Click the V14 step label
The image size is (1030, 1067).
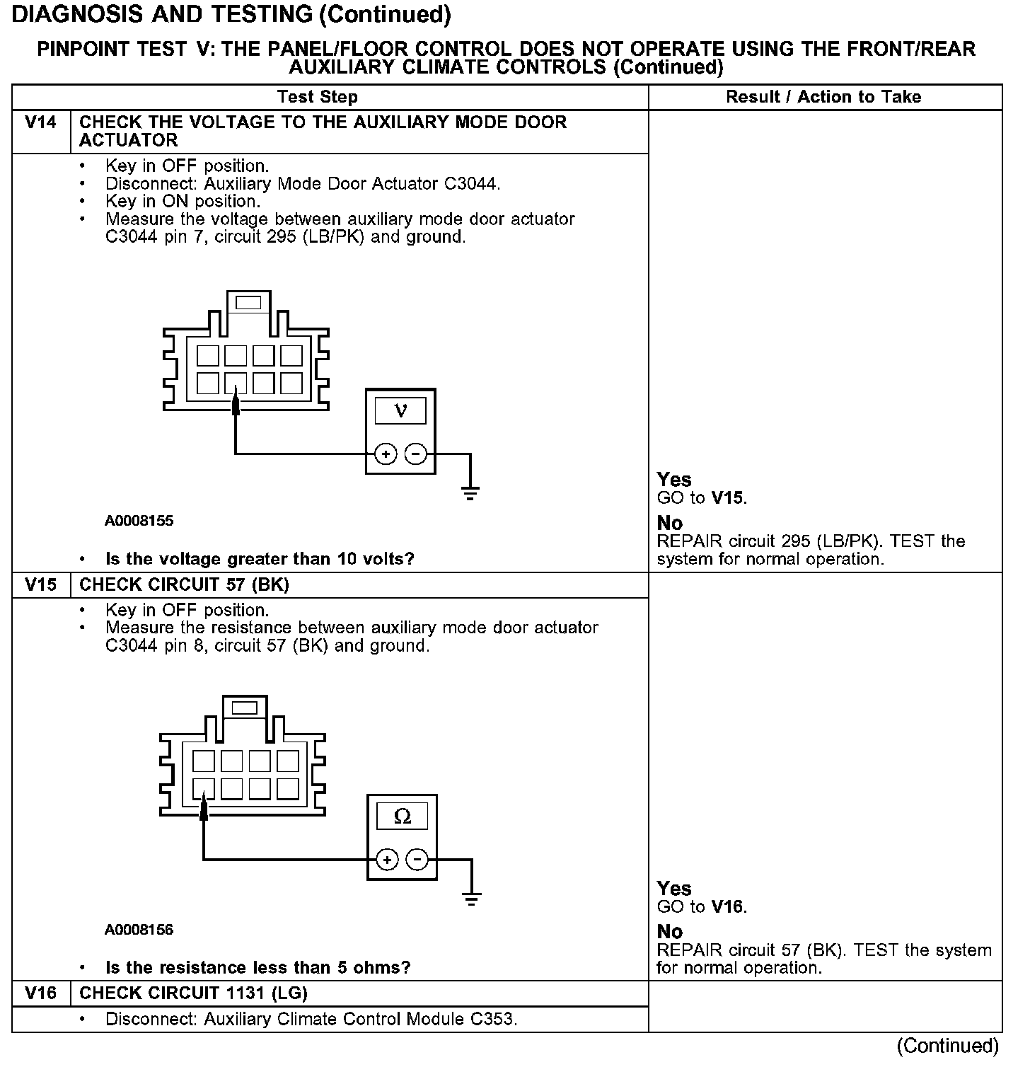(40, 123)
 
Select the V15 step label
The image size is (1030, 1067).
(40, 585)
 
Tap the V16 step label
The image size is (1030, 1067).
(40, 993)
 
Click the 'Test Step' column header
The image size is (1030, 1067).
(318, 97)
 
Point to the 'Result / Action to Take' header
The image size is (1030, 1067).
(823, 97)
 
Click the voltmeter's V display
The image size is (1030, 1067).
(400, 410)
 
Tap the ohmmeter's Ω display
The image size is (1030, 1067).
(402, 817)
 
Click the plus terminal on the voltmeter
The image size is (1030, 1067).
(386, 454)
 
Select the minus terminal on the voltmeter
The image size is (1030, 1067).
(417, 454)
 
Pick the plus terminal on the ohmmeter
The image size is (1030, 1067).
(387, 860)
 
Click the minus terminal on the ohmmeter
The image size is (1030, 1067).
(418, 860)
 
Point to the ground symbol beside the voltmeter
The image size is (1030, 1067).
(470, 492)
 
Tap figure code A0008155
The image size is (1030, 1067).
(139, 521)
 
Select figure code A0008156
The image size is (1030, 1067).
(139, 930)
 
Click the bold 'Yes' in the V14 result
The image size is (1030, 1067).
(674, 480)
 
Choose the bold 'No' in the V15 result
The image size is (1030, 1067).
(670, 932)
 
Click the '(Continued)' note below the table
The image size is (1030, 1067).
(947, 1046)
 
